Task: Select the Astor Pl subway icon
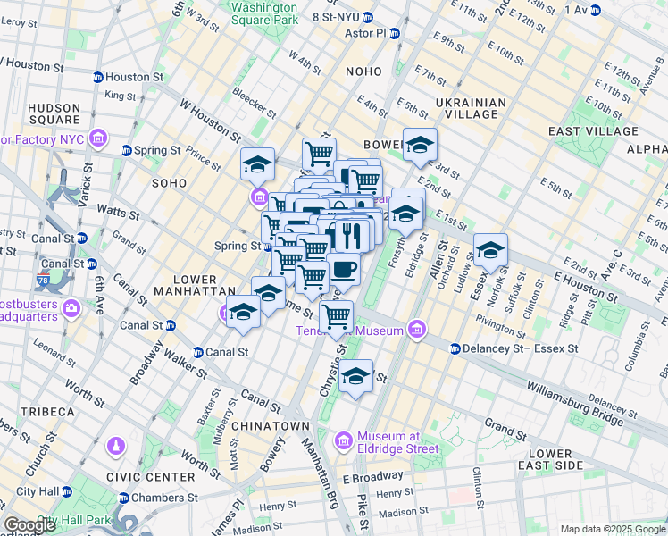[394, 33]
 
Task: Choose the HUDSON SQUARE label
[54, 113]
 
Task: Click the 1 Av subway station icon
[595, 10]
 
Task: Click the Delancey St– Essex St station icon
[455, 348]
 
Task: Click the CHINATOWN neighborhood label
[271, 426]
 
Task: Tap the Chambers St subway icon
[123, 498]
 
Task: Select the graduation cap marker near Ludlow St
[490, 251]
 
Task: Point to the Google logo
[29, 525]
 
